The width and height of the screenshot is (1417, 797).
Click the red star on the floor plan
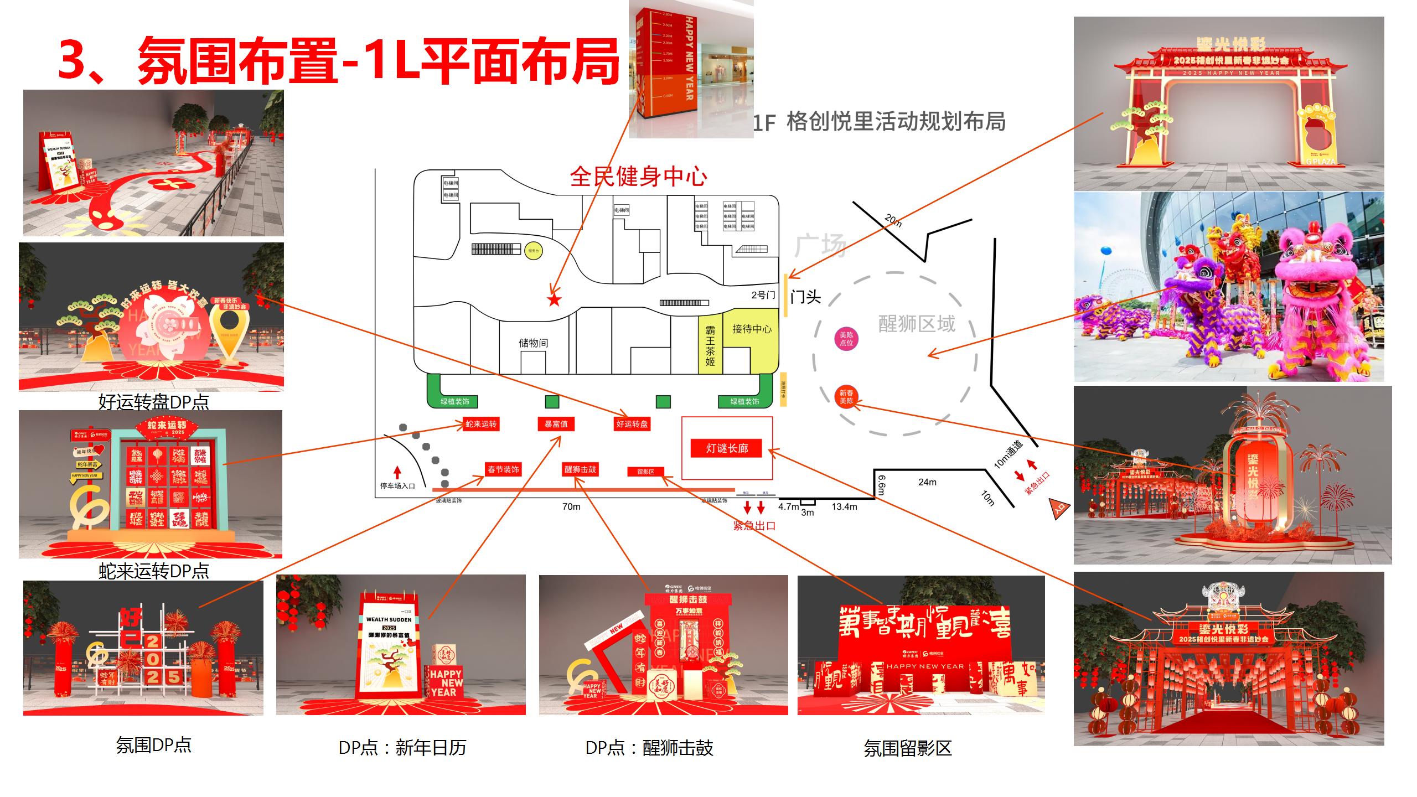point(554,300)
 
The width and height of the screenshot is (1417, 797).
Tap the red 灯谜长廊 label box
point(726,448)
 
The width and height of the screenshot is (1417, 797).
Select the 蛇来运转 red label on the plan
point(481,425)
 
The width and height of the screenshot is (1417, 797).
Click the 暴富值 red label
point(556,425)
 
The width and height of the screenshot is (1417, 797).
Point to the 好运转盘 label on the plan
point(632,425)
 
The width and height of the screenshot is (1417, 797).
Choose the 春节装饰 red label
point(503,470)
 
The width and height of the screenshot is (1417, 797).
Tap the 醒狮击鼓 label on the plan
point(580,470)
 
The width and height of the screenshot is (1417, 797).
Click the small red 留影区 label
point(645,472)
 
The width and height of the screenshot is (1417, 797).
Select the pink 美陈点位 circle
point(846,339)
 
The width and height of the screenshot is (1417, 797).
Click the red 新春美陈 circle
point(846,397)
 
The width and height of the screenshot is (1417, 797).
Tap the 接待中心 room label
point(751,329)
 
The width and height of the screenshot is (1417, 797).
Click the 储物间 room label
point(533,343)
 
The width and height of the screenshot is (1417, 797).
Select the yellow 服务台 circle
point(533,251)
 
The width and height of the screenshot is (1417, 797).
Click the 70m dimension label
point(571,506)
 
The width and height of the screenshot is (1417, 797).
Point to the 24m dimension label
point(927,482)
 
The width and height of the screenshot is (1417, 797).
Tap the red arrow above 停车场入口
point(397,472)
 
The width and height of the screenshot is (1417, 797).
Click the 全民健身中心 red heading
point(638,177)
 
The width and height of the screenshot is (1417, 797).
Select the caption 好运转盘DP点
point(153,401)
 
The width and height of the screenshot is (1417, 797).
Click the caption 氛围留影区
point(907,748)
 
